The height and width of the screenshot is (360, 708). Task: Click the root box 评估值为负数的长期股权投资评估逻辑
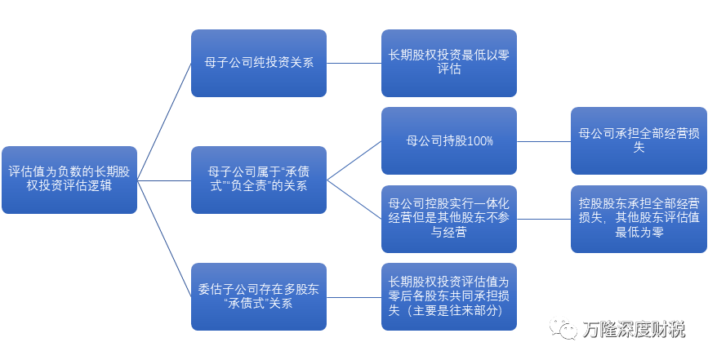(x=69, y=179)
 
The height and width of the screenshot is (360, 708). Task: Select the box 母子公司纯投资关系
(x=258, y=63)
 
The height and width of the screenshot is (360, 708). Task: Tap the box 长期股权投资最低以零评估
(x=448, y=63)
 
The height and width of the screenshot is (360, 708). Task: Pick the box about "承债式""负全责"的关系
(x=258, y=179)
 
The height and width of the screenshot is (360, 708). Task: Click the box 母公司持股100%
(x=448, y=140)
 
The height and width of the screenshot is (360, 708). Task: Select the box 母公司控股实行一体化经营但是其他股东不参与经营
(x=448, y=218)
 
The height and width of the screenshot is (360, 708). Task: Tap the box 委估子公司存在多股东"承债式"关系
(x=258, y=296)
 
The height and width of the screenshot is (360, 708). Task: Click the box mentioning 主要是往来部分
(x=448, y=296)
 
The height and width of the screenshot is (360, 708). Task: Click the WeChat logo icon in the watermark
(x=564, y=328)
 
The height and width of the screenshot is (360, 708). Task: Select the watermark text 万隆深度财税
(x=634, y=329)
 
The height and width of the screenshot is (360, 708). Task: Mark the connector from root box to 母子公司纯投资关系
(x=164, y=121)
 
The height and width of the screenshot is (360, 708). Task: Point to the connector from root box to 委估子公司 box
(x=164, y=237)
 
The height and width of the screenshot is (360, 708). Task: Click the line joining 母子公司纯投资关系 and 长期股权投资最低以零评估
(x=354, y=63)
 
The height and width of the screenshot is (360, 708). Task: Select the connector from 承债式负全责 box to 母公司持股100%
(x=354, y=160)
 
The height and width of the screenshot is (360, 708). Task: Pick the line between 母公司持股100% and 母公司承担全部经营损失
(x=543, y=140)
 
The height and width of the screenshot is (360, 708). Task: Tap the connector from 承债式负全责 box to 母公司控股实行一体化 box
(x=354, y=198)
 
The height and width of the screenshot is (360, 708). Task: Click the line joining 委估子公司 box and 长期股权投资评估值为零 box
(x=354, y=296)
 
